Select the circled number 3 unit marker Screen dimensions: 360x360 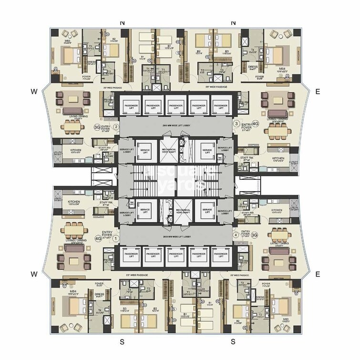[236, 123]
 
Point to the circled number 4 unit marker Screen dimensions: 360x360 [235, 235]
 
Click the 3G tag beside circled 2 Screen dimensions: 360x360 [97, 128]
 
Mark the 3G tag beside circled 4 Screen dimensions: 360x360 [255, 235]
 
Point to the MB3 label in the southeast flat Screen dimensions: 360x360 [286, 319]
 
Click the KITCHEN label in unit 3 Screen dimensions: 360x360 [278, 158]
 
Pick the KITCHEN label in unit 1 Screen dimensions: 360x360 [73, 202]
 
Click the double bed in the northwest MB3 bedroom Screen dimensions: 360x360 [69, 57]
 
